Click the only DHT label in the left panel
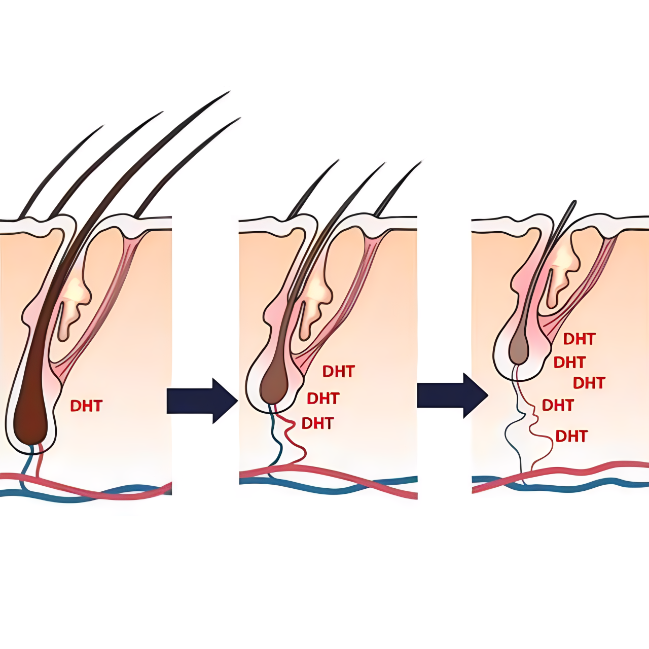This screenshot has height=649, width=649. [x=86, y=406]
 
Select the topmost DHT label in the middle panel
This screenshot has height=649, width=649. [x=338, y=372]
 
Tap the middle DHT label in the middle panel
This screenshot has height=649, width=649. [x=323, y=399]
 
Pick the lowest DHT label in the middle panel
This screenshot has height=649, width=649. [x=317, y=423]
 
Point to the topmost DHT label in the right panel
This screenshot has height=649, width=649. [x=579, y=339]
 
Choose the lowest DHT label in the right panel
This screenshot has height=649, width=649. [x=571, y=436]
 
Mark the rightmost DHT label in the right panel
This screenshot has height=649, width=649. [x=589, y=383]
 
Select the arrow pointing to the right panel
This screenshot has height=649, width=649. [x=452, y=395]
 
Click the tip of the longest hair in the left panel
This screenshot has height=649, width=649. [x=229, y=92]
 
